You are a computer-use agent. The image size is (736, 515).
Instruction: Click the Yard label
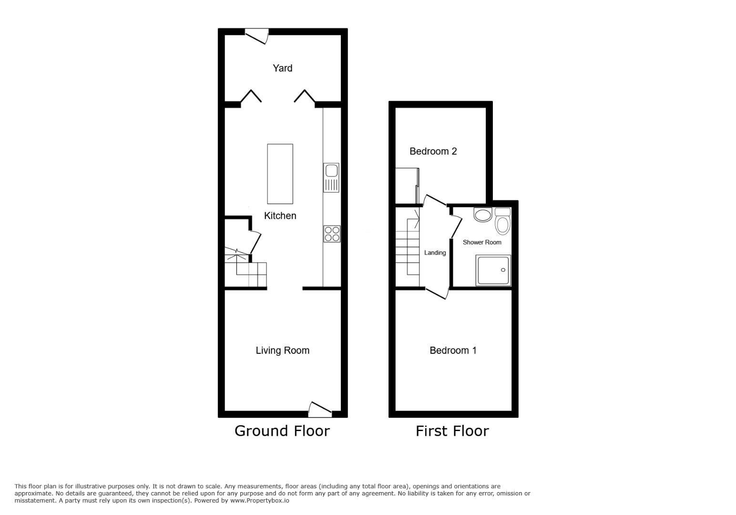282,68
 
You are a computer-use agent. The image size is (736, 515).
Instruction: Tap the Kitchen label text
280,216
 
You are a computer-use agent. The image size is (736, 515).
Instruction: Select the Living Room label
282,350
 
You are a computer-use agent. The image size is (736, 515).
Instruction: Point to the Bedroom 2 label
433,151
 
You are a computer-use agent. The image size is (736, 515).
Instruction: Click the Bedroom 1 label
453,350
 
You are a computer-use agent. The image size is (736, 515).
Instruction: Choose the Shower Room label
482,242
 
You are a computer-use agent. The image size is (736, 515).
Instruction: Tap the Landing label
435,253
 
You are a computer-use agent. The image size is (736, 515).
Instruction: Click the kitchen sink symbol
331,177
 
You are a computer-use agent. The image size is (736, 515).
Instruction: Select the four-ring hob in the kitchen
332,234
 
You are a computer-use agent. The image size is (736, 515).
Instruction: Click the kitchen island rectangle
280,174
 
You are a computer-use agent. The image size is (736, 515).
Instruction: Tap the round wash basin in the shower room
483,215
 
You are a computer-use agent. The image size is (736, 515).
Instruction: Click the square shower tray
493,270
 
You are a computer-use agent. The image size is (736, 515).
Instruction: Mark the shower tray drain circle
503,270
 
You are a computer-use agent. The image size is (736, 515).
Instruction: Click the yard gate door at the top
257,36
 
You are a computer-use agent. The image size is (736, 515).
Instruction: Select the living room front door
320,409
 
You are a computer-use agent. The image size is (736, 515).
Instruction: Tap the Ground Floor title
282,431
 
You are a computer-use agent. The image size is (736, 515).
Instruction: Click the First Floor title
452,431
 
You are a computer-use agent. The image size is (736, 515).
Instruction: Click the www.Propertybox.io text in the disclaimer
260,501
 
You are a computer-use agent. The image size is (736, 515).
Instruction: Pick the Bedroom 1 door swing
438,293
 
